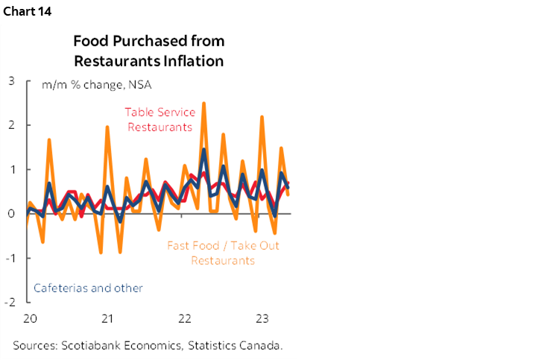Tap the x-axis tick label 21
[107, 319]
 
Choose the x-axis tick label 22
[185, 319]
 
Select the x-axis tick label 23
[262, 319]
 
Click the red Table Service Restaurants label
[160, 119]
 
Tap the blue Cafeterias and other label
[89, 288]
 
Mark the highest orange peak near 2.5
[204, 104]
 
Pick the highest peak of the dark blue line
[203, 150]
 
